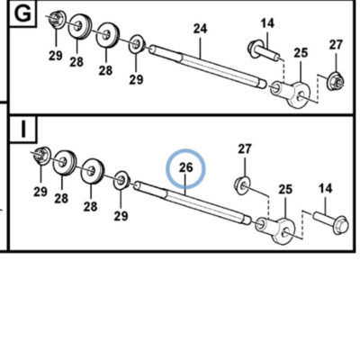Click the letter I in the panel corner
23,128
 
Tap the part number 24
200,29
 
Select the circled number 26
185,167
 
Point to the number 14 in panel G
267,23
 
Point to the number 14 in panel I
326,188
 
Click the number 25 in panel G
301,53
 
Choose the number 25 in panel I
285,190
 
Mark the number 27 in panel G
336,45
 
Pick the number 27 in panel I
245,148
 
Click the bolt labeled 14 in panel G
264,51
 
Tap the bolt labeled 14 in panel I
331,222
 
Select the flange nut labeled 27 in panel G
335,81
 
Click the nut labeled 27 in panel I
242,184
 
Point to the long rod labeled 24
208,67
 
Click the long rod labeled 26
193,202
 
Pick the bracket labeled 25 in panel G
290,93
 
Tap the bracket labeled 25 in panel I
275,230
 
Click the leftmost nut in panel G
57,21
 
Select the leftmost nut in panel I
42,156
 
